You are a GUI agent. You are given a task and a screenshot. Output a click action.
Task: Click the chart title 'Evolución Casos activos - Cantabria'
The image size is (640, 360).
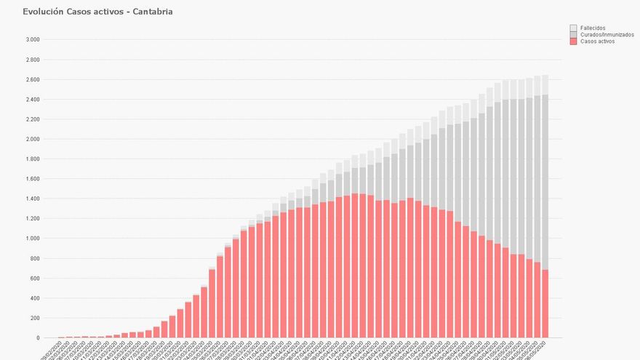click(97, 12)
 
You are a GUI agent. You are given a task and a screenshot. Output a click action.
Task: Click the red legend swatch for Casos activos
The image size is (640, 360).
click(573, 41)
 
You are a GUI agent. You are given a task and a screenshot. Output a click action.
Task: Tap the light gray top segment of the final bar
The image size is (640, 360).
click(545, 84)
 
